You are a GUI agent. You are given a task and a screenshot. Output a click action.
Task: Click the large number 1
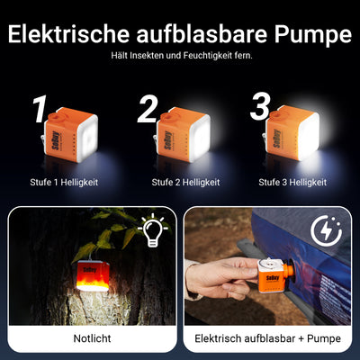pos(38,111)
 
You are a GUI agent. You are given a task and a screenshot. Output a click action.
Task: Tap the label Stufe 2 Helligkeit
pos(180,182)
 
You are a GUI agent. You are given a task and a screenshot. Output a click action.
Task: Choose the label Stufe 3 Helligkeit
pos(292,182)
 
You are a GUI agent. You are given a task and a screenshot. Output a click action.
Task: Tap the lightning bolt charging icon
pos(327,231)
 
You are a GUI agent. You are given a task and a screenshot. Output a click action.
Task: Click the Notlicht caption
pos(92,340)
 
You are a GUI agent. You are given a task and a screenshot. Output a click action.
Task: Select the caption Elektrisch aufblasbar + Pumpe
pos(268,340)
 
